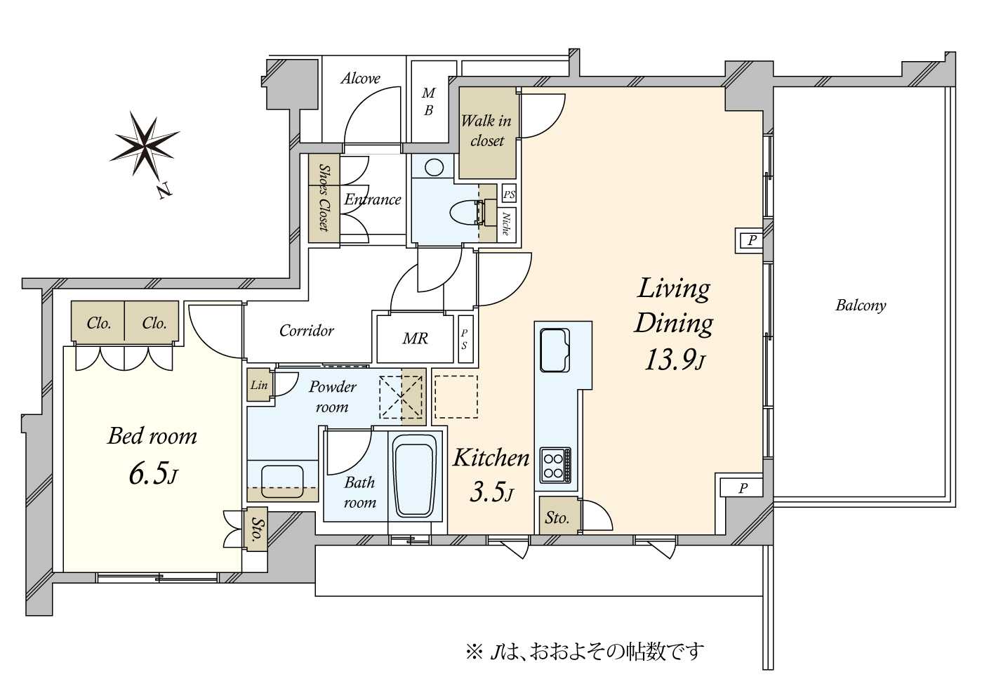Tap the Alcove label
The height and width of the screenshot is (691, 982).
[x=360, y=79]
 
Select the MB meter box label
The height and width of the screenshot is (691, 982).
[x=428, y=102]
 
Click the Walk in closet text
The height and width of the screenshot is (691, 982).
[x=486, y=131]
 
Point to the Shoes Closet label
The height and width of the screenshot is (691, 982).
[x=324, y=197]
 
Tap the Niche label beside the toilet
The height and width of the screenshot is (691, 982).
[x=506, y=223]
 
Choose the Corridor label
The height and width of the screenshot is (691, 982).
[x=307, y=330]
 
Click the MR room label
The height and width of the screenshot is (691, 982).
[x=415, y=338]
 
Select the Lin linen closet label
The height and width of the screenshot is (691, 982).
[x=258, y=386]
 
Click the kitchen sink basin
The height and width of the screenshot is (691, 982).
[x=555, y=350]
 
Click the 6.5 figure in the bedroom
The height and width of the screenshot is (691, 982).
[x=152, y=474]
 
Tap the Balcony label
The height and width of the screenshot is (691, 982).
[x=861, y=305]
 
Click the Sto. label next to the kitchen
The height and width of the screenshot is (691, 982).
[x=557, y=518]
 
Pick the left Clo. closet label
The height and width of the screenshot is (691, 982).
[x=99, y=324]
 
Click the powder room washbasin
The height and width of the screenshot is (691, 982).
[x=283, y=482]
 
